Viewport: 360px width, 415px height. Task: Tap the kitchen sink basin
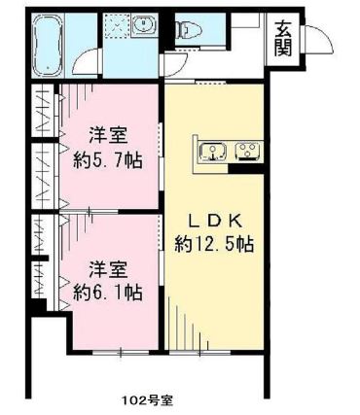(213, 150)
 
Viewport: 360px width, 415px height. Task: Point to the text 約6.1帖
(108, 291)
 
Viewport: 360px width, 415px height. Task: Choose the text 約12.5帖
(215, 244)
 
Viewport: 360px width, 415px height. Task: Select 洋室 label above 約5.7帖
(108, 135)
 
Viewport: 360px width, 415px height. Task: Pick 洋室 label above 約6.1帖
(108, 266)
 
